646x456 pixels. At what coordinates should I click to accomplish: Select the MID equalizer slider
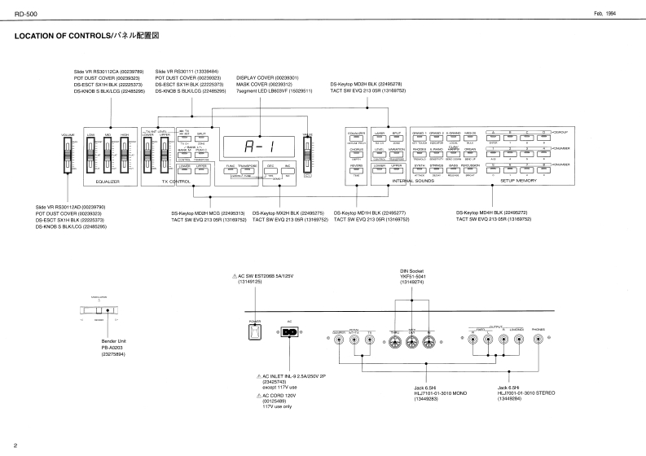[x=108, y=155]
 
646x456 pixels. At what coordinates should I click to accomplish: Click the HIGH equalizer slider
[x=125, y=155]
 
